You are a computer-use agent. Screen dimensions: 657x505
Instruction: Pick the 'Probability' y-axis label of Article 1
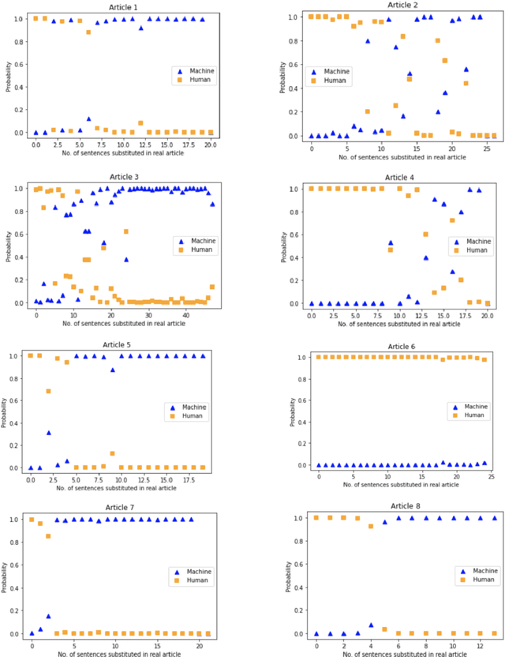7,76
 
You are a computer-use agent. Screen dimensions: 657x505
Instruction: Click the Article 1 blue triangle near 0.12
88,118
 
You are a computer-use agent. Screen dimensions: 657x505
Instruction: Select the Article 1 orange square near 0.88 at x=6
88,32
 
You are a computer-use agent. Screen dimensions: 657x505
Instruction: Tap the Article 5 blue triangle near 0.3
49,433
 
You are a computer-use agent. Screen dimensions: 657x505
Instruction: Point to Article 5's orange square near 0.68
49,391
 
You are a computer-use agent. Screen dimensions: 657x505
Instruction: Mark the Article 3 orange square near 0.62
126,231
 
